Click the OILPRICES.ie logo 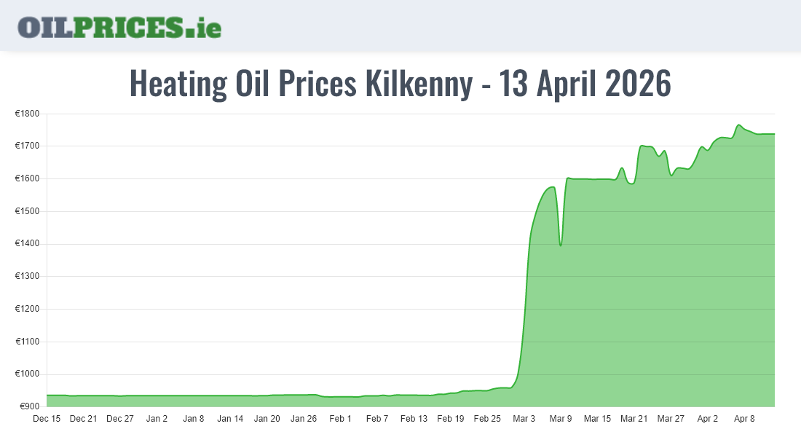pyautogui.click(x=119, y=27)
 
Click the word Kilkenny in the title pyautogui.click(x=418, y=84)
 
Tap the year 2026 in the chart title pyautogui.click(x=638, y=84)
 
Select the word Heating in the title pyautogui.click(x=178, y=84)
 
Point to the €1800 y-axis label pyautogui.click(x=27, y=114)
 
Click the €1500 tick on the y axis pyautogui.click(x=27, y=211)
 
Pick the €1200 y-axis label pyautogui.click(x=27, y=309)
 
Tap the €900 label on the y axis pyautogui.click(x=29, y=406)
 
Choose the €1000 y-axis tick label pyautogui.click(x=27, y=374)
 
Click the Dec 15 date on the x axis pyautogui.click(x=47, y=419)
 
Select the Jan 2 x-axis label pyautogui.click(x=157, y=419)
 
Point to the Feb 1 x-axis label pyautogui.click(x=340, y=419)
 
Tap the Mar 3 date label pyautogui.click(x=524, y=419)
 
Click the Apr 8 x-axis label pyautogui.click(x=744, y=419)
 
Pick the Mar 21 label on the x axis pyautogui.click(x=634, y=419)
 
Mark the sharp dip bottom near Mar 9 pyautogui.click(x=560, y=245)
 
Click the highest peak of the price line pyautogui.click(x=738, y=125)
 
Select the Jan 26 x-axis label pyautogui.click(x=304, y=419)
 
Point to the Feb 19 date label pyautogui.click(x=450, y=419)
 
